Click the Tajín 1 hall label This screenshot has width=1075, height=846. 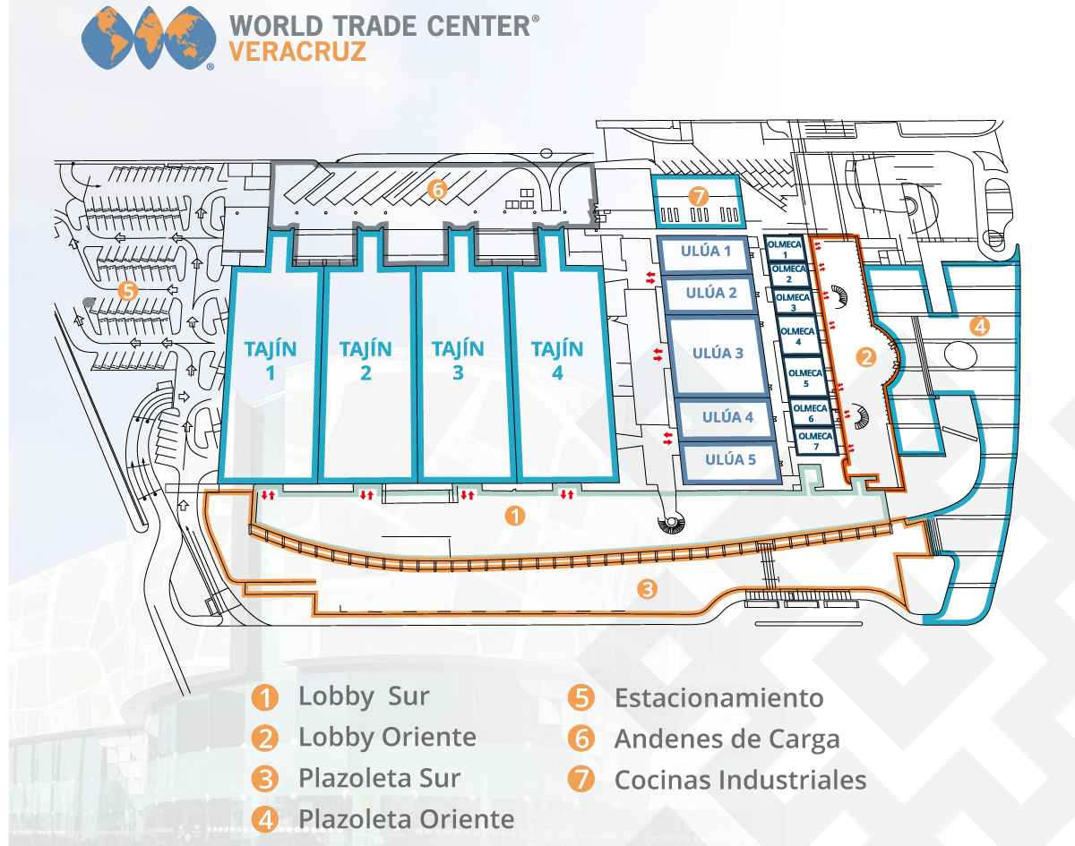(x=270, y=360)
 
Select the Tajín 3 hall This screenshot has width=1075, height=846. (x=458, y=360)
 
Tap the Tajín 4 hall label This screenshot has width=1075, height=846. (x=557, y=360)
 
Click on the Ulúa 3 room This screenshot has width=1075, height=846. (x=718, y=354)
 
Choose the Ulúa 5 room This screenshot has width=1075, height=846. (x=730, y=460)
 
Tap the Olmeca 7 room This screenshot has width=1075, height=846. (x=815, y=440)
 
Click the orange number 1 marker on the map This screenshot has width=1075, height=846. (x=515, y=516)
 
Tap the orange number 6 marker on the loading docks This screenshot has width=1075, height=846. (x=436, y=190)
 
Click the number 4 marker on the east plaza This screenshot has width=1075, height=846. (x=980, y=327)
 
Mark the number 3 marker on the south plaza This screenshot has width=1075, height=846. (x=648, y=589)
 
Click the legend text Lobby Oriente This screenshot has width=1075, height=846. (x=387, y=738)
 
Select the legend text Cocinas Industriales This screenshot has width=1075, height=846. (x=740, y=780)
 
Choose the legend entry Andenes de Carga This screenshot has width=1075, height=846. (x=727, y=739)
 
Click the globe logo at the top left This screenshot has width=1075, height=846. (x=149, y=38)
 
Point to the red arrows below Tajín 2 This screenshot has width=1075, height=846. (x=365, y=495)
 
